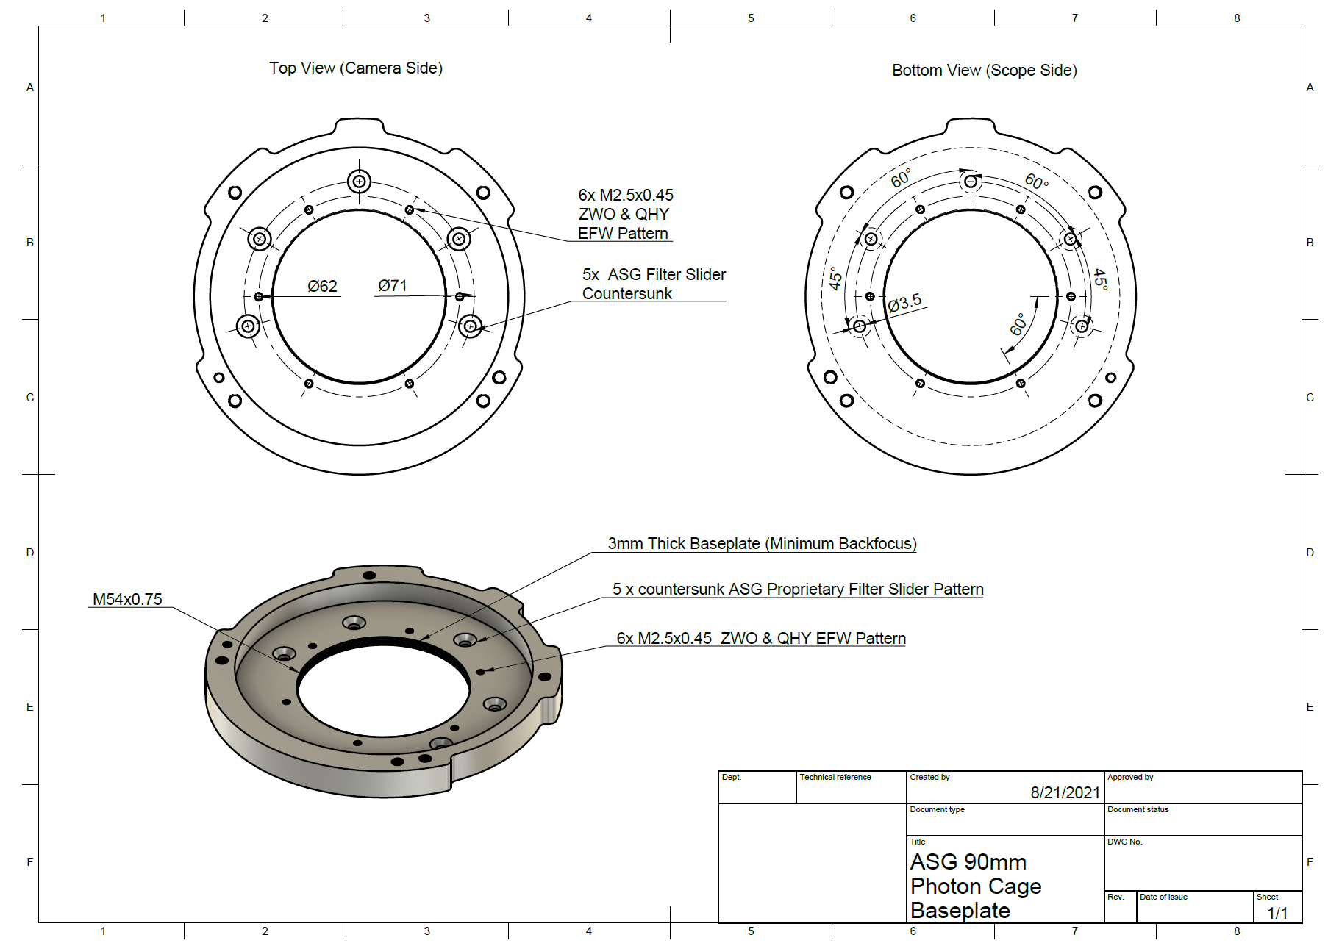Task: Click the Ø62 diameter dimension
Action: coord(322,286)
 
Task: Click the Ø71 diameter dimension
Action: coord(393,285)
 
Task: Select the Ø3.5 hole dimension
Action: coord(904,303)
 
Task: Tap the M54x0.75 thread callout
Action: coord(127,599)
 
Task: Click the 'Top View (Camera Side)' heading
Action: coord(356,68)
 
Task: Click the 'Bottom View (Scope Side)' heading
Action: coord(984,71)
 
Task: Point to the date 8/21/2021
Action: coord(1065,792)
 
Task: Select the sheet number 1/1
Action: coord(1277,913)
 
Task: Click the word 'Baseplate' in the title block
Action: coord(960,911)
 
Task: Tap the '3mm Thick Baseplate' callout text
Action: coord(762,543)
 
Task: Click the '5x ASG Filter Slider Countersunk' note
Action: coord(653,284)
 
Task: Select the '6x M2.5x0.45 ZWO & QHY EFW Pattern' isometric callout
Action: coord(761,638)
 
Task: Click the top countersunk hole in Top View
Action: coord(359,181)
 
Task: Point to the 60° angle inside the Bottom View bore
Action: coord(1018,324)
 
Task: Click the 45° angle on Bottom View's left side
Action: coord(835,278)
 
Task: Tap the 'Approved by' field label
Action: coord(1130,777)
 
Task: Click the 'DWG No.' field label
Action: coord(1124,842)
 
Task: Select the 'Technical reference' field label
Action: coord(835,777)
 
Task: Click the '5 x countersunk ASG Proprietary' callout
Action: coord(797,589)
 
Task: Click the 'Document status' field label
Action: coord(1138,809)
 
